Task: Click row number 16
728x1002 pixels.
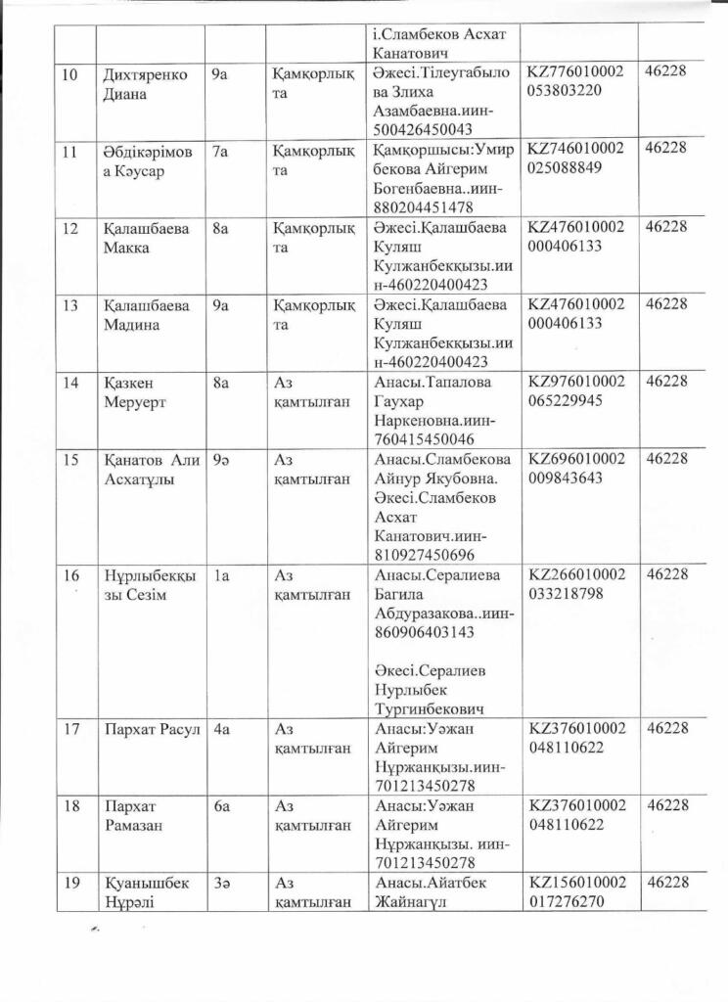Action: tap(70, 575)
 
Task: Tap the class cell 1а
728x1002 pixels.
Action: tap(220, 576)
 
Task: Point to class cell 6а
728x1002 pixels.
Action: tap(221, 805)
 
